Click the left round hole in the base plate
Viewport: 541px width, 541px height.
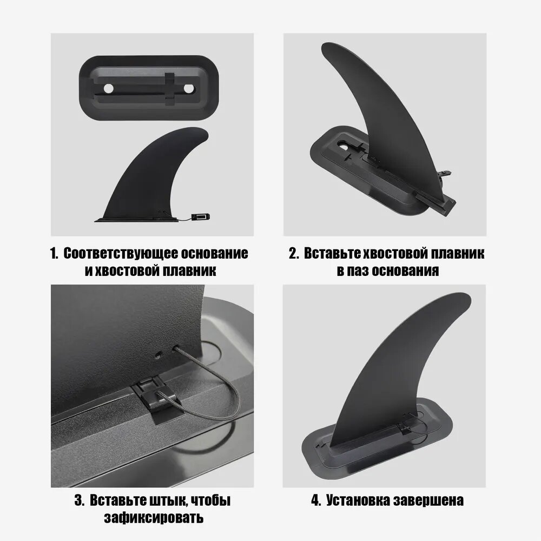point(109,89)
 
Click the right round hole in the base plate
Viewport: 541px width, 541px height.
point(189,89)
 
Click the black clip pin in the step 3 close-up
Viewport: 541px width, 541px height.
point(157,400)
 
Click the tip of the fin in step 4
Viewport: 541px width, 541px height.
point(466,296)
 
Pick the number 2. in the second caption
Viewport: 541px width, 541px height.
point(294,254)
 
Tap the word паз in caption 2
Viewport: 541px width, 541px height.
point(358,271)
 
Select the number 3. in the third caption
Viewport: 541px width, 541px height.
point(80,500)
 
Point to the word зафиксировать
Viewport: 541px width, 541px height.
point(154,518)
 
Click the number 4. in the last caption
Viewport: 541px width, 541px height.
point(316,500)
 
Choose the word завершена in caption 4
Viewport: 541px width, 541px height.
point(428,500)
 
